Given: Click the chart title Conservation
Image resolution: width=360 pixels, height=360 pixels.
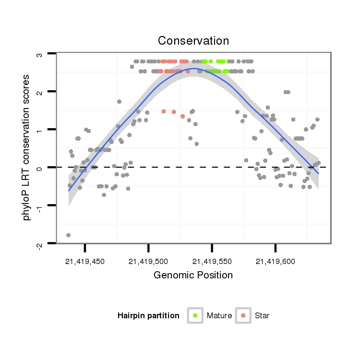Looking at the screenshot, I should pyautogui.click(x=193, y=40).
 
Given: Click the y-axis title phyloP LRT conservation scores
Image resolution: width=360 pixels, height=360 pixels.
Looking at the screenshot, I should pyautogui.click(x=27, y=147).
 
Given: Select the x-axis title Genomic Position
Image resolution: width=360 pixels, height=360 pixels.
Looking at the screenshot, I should pyautogui.click(x=193, y=275).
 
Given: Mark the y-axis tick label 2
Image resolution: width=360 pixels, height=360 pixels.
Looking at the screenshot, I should pyautogui.click(x=40, y=92).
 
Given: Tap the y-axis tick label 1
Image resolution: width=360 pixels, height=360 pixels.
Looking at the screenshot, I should pyautogui.click(x=40, y=130).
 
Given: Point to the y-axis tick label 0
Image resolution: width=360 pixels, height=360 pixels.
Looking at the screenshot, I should pyautogui.click(x=40, y=168).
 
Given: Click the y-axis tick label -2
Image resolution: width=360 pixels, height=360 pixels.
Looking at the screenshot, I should pyautogui.click(x=40, y=245).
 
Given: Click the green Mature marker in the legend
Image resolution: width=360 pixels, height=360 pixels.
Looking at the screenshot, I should pyautogui.click(x=195, y=315).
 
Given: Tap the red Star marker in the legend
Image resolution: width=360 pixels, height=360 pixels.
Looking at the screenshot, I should pyautogui.click(x=243, y=315).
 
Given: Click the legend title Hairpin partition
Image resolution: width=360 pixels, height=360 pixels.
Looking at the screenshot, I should pyautogui.click(x=148, y=316).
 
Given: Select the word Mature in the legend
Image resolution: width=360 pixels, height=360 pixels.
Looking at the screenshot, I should pyautogui.click(x=219, y=316).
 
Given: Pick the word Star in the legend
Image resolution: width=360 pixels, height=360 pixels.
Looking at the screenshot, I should pyautogui.click(x=263, y=316).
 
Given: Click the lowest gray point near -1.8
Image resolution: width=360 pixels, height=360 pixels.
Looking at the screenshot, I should pyautogui.click(x=68, y=235).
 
